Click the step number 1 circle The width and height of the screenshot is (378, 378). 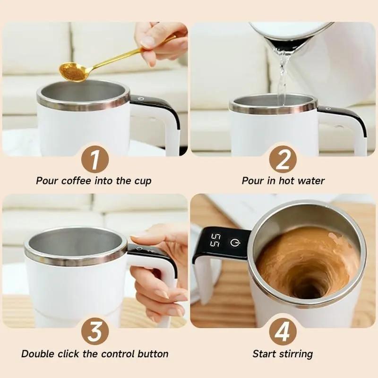click(x=95, y=159)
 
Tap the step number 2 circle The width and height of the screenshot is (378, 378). click(x=283, y=159)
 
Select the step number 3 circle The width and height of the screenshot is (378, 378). click(x=95, y=332)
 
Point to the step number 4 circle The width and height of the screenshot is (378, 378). click(x=283, y=332)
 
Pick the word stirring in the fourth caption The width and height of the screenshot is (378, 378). click(x=296, y=354)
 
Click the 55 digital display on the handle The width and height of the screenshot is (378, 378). click(x=215, y=240)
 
